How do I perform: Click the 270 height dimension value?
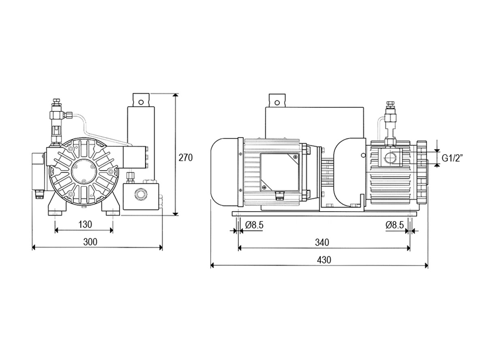185,158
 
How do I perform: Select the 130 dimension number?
85,224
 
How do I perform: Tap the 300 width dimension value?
90,242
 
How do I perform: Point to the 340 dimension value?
322,242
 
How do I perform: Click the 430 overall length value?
324,260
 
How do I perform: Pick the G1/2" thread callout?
452,158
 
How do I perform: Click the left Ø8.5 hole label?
254,225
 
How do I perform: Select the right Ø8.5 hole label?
394,225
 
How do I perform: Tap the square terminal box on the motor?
280,172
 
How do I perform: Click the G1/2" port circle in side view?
390,158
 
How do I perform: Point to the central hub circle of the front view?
83,172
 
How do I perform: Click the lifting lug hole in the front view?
141,102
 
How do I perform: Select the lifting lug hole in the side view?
277,102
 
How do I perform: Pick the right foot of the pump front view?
111,205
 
